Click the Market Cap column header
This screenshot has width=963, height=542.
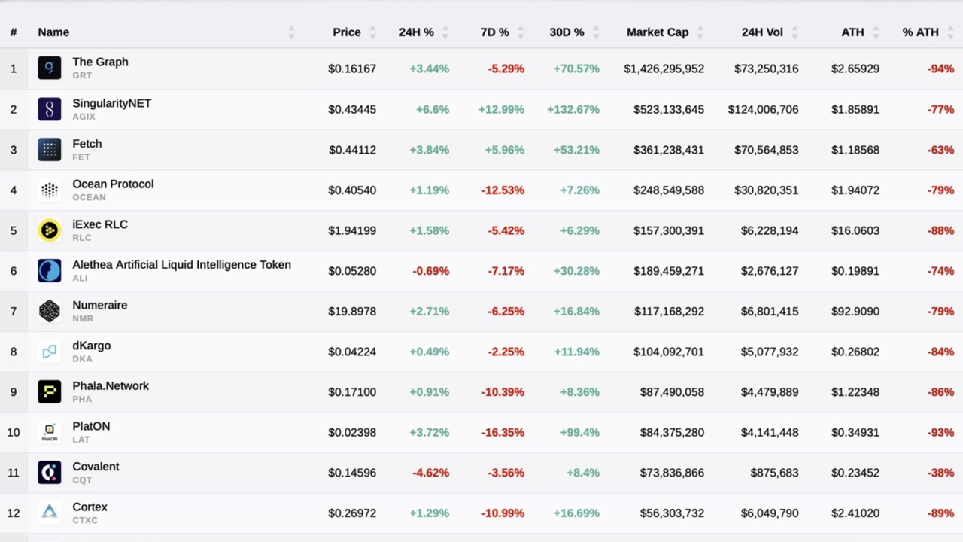(x=657, y=32)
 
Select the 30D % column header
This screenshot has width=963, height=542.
(x=567, y=32)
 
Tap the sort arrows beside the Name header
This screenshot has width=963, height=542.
(x=291, y=32)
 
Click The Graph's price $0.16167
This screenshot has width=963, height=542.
(x=352, y=69)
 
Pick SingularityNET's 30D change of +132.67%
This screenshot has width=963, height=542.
(x=573, y=109)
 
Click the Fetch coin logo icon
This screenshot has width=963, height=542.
(x=50, y=150)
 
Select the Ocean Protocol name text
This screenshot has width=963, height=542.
(x=113, y=184)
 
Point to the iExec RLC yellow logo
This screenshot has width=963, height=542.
(x=50, y=230)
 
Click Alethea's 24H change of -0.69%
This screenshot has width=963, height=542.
(x=430, y=271)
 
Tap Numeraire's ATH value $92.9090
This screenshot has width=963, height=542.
(x=855, y=312)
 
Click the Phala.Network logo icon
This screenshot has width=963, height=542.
(x=50, y=392)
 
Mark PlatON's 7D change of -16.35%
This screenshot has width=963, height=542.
(x=503, y=433)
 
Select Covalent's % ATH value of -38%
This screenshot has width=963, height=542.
(x=940, y=473)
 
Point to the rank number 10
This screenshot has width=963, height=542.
(x=14, y=433)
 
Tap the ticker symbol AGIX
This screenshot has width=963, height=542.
(x=84, y=117)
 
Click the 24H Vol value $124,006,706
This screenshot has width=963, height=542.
(x=763, y=109)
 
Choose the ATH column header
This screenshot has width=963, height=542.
(x=852, y=32)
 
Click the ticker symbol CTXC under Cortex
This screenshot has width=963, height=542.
(x=85, y=520)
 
